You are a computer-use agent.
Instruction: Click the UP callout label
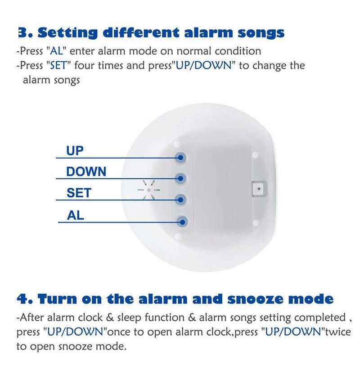(x=75, y=151)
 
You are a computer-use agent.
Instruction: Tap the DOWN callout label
(x=86, y=172)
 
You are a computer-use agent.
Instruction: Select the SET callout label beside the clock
(x=79, y=193)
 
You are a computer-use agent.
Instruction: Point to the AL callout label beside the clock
(x=76, y=215)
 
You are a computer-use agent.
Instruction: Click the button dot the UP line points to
(x=180, y=158)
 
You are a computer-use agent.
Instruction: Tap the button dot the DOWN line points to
(x=180, y=178)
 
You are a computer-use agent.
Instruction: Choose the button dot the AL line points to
(x=182, y=222)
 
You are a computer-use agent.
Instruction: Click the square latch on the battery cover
(x=259, y=189)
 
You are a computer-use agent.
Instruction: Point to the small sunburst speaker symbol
(x=149, y=190)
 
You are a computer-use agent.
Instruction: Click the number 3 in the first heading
(x=22, y=32)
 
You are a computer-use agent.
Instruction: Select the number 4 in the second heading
(x=22, y=299)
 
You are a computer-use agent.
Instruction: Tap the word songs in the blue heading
(x=261, y=33)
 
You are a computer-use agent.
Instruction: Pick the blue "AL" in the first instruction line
(x=56, y=51)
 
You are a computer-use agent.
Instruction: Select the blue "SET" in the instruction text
(x=58, y=65)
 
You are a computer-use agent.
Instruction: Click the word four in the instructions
(x=84, y=65)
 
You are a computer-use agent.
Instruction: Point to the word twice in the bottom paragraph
(x=338, y=332)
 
